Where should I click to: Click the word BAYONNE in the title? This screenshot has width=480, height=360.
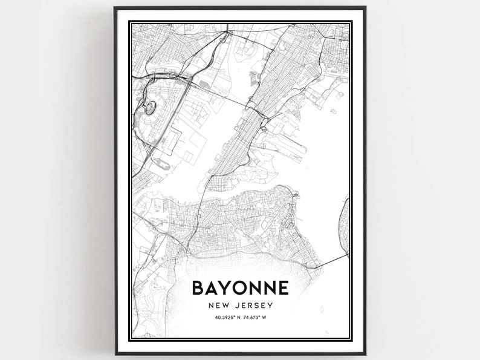coord(240,287)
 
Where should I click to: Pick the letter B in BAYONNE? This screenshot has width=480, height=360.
coord(198,287)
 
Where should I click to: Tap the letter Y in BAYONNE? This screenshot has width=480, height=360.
coord(227,287)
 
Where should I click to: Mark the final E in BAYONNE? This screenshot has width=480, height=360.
coord(284,287)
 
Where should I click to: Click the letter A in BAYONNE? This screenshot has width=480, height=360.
coord(212,287)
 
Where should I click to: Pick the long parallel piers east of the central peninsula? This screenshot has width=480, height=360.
coord(281,145)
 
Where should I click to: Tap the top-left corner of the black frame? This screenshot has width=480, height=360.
coord(114,8)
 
